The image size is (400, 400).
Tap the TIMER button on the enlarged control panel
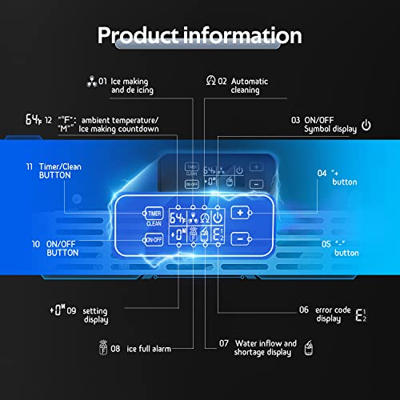[154, 214]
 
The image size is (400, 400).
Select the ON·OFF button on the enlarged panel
[154, 240]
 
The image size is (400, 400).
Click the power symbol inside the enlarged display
[218, 218]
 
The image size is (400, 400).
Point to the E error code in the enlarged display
[218, 234]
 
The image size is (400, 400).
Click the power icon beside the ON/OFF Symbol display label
[366, 125]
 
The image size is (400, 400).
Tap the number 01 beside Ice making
[102, 81]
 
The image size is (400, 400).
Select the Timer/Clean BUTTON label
[60, 171]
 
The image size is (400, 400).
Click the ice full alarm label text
[149, 349]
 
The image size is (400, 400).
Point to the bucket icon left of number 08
[103, 347]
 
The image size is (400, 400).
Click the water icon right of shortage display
[309, 348]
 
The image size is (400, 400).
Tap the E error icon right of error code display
[361, 315]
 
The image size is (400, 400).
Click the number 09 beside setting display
[71, 310]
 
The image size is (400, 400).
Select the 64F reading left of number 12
[34, 119]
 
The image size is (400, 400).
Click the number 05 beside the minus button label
[326, 244]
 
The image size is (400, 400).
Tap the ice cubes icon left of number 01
[92, 82]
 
